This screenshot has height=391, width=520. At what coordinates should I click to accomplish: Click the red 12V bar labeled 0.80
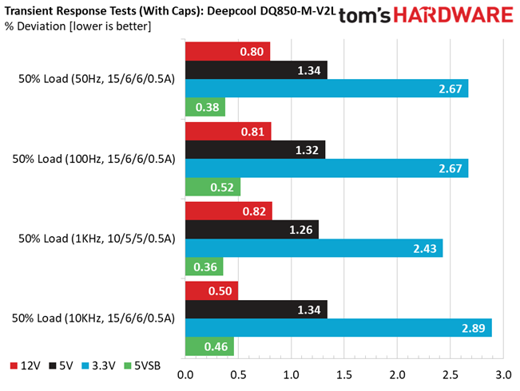click(x=228, y=52)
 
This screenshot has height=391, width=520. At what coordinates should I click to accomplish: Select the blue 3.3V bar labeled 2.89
click(x=339, y=328)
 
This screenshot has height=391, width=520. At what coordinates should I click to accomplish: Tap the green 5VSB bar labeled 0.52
click(x=213, y=187)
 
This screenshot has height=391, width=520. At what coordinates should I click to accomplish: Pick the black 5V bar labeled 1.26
click(x=252, y=229)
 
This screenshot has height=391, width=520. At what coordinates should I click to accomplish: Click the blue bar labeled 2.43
click(x=314, y=248)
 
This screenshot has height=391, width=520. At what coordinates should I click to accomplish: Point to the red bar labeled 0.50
click(x=212, y=291)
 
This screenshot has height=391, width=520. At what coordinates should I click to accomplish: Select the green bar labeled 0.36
click(x=204, y=267)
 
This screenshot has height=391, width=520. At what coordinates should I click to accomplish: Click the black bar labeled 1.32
click(x=256, y=150)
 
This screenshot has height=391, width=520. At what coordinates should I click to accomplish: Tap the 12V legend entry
click(x=26, y=365)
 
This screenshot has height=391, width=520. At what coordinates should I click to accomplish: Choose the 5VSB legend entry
click(x=142, y=365)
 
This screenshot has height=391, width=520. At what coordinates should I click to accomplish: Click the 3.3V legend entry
click(x=98, y=365)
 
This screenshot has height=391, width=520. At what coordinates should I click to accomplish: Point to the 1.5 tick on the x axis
click(x=344, y=375)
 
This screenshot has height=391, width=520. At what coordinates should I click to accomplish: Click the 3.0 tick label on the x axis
click(x=503, y=375)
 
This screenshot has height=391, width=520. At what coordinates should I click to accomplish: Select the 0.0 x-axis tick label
click(x=185, y=375)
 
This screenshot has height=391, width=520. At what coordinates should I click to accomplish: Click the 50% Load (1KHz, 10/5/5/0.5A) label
click(x=97, y=239)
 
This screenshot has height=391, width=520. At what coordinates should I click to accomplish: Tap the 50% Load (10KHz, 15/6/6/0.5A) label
click(x=93, y=318)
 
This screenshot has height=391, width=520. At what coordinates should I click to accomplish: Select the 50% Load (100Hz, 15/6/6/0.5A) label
click(x=93, y=159)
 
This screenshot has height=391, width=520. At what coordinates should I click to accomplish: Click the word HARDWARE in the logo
click(x=454, y=15)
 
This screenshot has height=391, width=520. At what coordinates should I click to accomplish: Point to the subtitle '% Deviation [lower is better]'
click(x=78, y=26)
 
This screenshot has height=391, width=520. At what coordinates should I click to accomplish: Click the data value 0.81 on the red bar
click(x=252, y=132)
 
